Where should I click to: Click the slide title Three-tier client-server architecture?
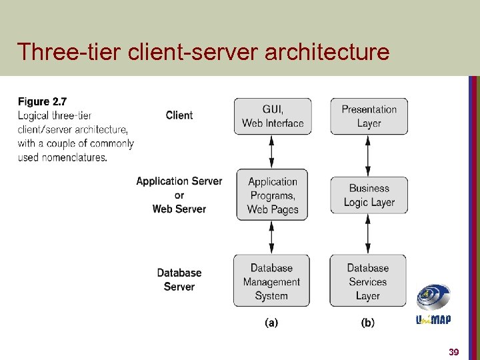[x=203, y=51]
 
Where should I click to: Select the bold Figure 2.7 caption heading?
[x=42, y=101]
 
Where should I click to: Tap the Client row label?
[x=179, y=115]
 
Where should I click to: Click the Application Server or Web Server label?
[x=179, y=195]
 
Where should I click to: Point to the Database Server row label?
[x=179, y=280]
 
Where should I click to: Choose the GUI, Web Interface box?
[x=273, y=116]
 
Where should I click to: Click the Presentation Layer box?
[x=369, y=116]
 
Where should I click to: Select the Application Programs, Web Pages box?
[x=272, y=195]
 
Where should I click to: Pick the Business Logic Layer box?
[x=369, y=195]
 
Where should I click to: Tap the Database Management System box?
[x=271, y=281]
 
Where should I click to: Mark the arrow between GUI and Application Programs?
[x=271, y=153]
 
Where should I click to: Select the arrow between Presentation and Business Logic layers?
[x=368, y=155]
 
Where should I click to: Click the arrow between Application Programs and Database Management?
[x=271, y=237]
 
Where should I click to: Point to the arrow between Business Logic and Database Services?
[x=368, y=234]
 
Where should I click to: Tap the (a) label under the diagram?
[x=271, y=323]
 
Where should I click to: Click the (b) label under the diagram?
[x=367, y=323]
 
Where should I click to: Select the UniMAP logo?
[x=433, y=304]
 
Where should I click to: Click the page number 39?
[x=453, y=351]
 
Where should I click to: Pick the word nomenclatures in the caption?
[x=73, y=157]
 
